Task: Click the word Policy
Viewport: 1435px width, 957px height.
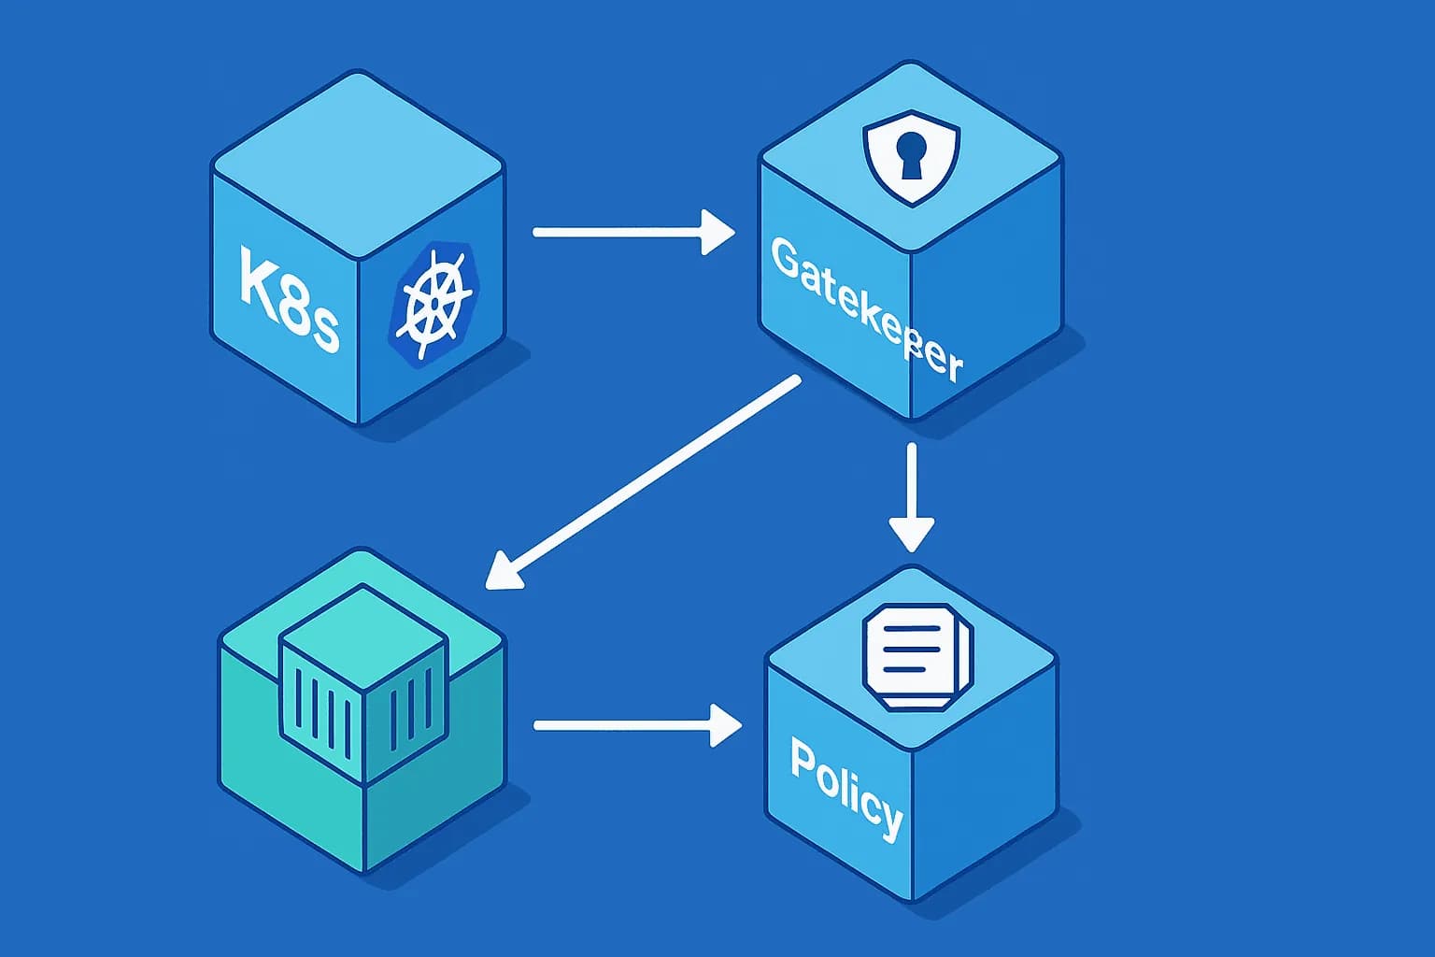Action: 846,787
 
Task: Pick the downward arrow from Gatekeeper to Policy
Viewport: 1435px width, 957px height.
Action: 911,495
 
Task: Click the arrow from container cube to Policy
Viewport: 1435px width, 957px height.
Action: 635,725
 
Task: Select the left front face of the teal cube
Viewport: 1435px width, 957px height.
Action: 280,776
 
